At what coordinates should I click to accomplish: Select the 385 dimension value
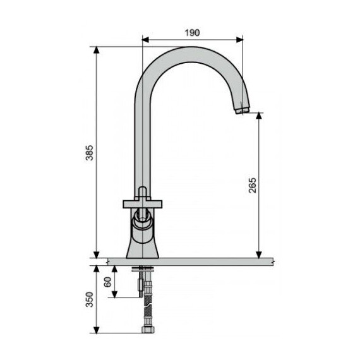click(x=89, y=152)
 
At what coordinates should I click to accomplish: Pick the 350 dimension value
click(x=89, y=299)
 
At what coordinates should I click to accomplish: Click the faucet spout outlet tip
click(x=241, y=111)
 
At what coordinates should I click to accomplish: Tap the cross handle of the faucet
click(x=143, y=202)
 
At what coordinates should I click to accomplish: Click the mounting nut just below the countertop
click(x=145, y=271)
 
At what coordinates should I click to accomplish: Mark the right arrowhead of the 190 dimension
click(x=240, y=39)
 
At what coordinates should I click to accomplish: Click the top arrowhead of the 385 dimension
click(x=97, y=49)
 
